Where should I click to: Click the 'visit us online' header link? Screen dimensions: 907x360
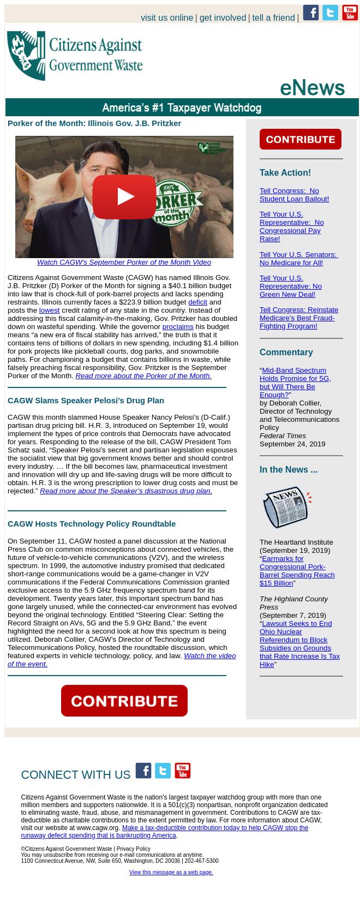click(x=167, y=18)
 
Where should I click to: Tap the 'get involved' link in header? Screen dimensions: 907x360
click(x=223, y=18)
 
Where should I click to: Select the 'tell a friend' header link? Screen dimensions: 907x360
click(x=273, y=18)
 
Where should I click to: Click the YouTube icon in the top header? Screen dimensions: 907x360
click(x=350, y=13)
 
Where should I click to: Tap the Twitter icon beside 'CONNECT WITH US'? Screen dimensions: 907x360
click(x=163, y=771)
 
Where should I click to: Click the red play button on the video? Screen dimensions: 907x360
click(x=124, y=197)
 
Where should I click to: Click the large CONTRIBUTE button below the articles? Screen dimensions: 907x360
click(x=124, y=701)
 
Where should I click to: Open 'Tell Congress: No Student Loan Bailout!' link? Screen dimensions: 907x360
click(x=294, y=195)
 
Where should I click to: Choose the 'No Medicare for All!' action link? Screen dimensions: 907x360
click(x=298, y=259)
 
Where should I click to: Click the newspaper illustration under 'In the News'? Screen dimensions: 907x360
click(x=286, y=507)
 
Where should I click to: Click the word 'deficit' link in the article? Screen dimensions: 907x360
click(x=197, y=302)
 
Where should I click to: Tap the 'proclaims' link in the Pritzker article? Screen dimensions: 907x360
click(x=178, y=326)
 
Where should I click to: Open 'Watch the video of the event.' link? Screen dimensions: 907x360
click(x=121, y=660)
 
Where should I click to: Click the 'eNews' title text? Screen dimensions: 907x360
click(x=312, y=87)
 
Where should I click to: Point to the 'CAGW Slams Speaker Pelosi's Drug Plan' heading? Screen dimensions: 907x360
click(x=86, y=401)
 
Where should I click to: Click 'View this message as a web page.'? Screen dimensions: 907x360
click(x=171, y=872)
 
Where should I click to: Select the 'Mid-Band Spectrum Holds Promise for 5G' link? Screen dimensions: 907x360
click(x=295, y=383)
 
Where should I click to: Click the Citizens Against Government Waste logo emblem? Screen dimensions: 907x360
click(x=26, y=56)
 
